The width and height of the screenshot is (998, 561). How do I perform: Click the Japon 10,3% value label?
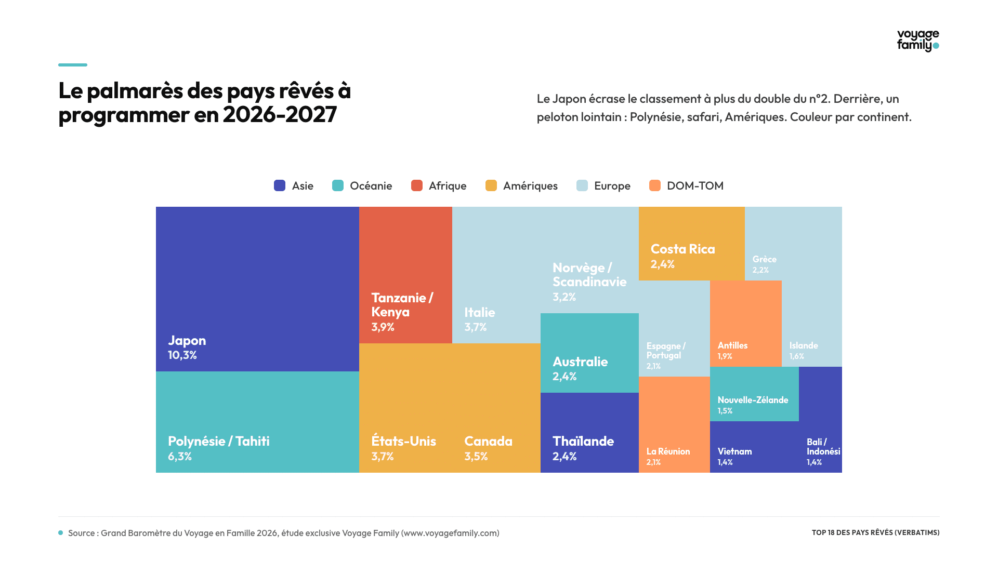182,355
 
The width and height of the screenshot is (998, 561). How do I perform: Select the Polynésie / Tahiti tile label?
219,442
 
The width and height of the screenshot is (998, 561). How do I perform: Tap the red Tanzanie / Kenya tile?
405,275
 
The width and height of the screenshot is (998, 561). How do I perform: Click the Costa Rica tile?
692,244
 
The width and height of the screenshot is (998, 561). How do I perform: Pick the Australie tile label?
580,362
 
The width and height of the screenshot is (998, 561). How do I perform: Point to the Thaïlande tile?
589,433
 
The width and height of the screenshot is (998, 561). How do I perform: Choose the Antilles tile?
746,324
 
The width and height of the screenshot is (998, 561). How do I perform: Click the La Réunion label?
668,451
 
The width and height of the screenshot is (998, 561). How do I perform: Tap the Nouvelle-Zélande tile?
754,394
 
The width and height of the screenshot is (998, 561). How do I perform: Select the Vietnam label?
734,451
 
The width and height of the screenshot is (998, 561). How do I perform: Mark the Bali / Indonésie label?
823,447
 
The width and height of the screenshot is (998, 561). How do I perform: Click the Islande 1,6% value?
797,356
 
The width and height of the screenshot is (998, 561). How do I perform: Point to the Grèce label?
765,259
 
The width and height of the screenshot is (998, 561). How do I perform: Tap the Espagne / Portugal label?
666,351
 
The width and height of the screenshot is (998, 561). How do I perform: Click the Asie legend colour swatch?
280,185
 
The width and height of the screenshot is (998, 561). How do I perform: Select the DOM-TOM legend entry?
686,185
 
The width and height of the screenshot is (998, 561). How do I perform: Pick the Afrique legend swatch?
417,185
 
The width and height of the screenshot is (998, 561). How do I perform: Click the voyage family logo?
918,41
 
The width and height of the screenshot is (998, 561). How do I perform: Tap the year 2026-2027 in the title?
280,115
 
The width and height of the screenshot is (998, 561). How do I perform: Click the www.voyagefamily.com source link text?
450,533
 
